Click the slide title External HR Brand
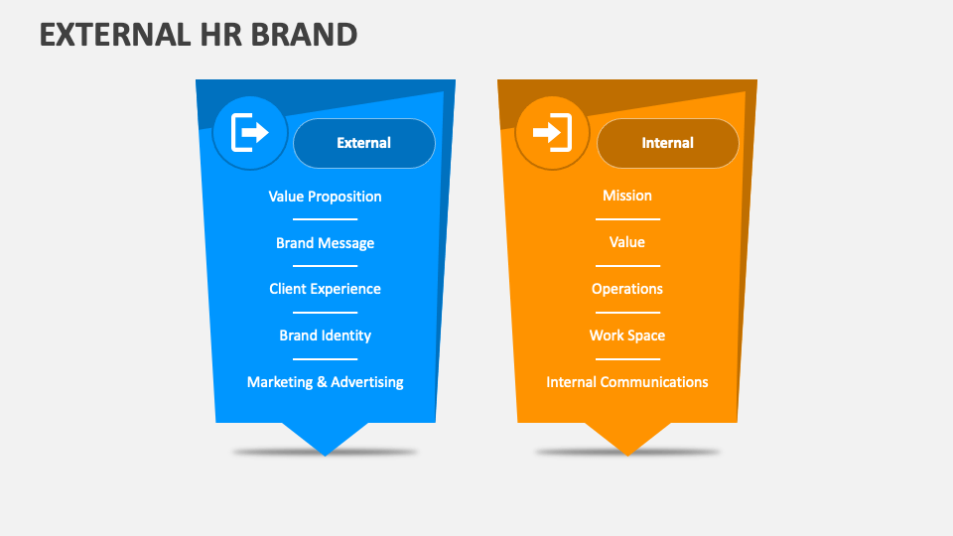coord(199,34)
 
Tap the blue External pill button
coord(364,143)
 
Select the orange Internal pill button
coord(667,143)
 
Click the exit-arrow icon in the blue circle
coord(250,133)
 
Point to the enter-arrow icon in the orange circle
coord(552,133)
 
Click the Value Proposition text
coord(325,197)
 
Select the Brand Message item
coord(325,243)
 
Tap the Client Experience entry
coord(325,289)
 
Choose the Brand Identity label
coord(325,335)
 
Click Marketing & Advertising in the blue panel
coord(325,382)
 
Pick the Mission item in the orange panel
coord(627,196)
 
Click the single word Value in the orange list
coord(627,242)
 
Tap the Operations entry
coord(627,289)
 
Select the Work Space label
coord(627,335)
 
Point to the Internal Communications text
coord(627,382)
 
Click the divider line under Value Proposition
coord(325,219)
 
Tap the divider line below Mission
coord(627,219)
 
